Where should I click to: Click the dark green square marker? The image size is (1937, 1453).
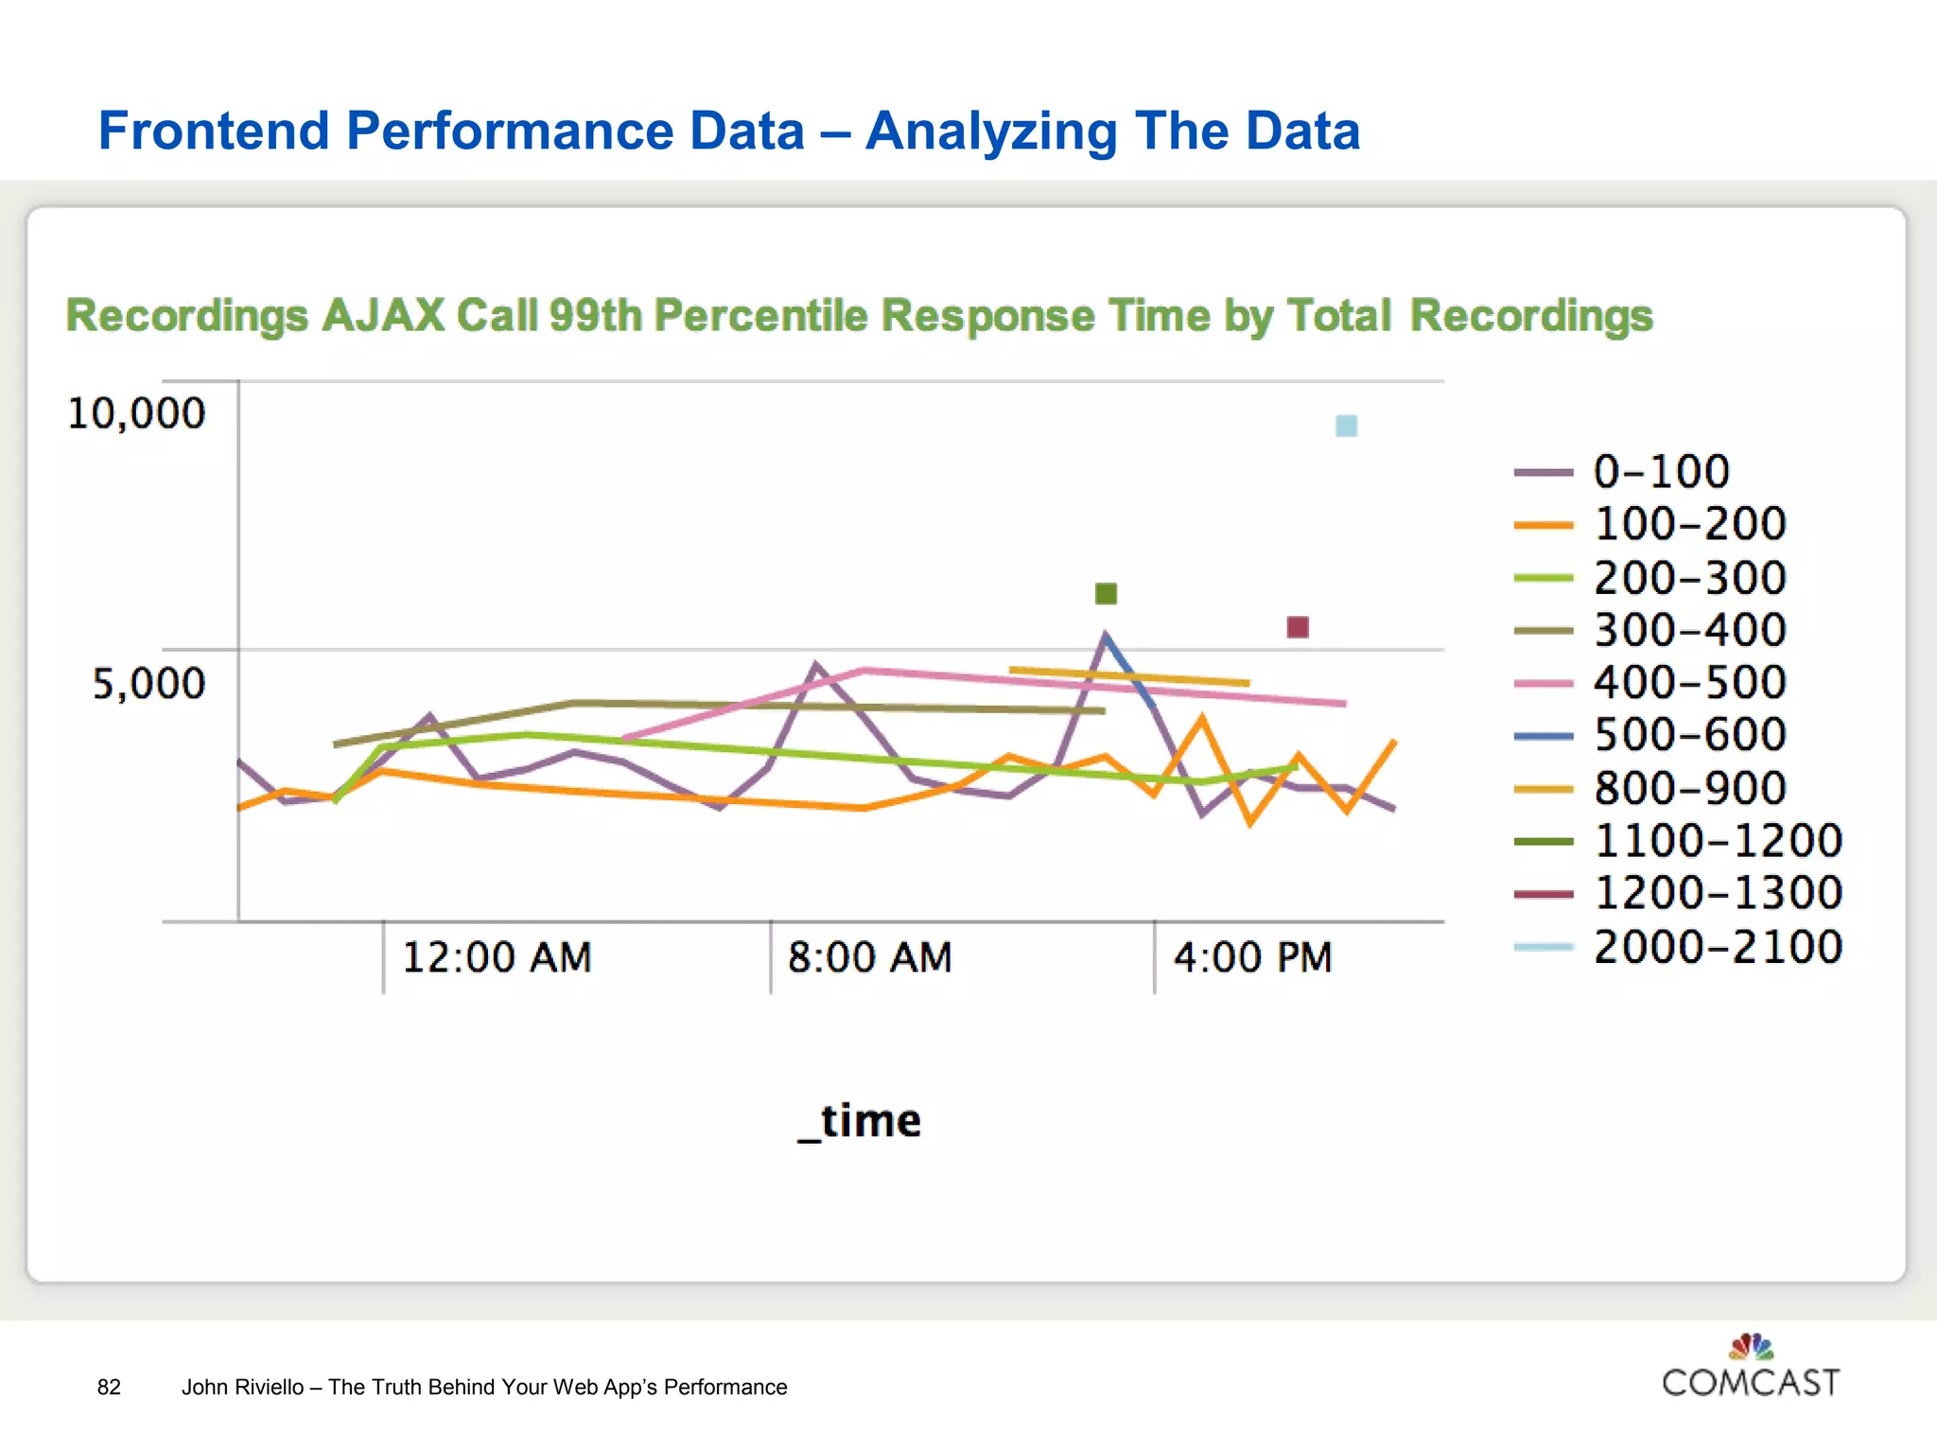pyautogui.click(x=1106, y=593)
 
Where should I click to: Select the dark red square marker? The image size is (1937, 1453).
pyautogui.click(x=1298, y=626)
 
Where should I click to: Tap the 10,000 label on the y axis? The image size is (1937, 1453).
pyautogui.click(x=136, y=413)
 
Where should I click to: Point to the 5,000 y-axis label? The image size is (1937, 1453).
pyautogui.click(x=148, y=683)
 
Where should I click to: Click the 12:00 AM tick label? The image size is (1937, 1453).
pyautogui.click(x=497, y=957)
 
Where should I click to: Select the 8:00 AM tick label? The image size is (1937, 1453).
pyautogui.click(x=869, y=957)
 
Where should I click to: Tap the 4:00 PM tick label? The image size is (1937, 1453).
pyautogui.click(x=1252, y=957)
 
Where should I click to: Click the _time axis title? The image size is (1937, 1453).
pyautogui.click(x=859, y=1122)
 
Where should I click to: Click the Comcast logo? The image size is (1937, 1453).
pyautogui.click(x=1751, y=1367)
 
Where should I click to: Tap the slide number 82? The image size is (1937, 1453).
pyautogui.click(x=109, y=1387)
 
